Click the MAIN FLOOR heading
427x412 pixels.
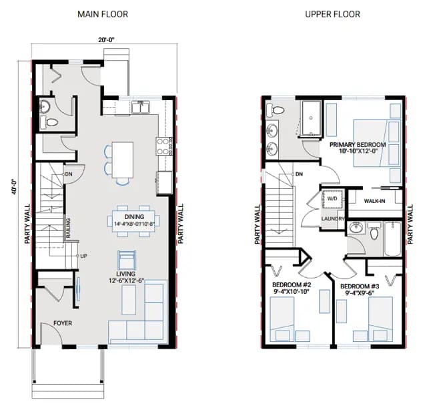[x=103, y=14]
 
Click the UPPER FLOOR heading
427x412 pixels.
[x=332, y=14]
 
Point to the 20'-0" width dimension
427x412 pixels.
[x=106, y=40]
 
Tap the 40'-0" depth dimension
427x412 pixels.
[x=14, y=187]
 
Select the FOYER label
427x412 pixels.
[x=63, y=323]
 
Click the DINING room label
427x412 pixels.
[x=134, y=217]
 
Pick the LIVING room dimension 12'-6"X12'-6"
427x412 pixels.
[x=126, y=280]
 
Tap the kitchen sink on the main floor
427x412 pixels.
[x=140, y=107]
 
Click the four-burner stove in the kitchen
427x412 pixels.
[x=164, y=146]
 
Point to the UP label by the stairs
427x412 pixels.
[x=83, y=256]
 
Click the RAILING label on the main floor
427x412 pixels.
[x=68, y=228]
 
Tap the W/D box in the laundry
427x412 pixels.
[x=332, y=198]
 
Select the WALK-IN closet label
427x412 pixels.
[x=374, y=201]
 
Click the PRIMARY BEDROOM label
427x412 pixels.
[x=358, y=145]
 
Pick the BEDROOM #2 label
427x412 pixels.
[x=292, y=285]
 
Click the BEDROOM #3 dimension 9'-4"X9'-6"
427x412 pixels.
[x=360, y=293]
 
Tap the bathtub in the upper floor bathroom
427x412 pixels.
[x=392, y=239]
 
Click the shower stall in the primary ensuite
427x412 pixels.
[x=311, y=118]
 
